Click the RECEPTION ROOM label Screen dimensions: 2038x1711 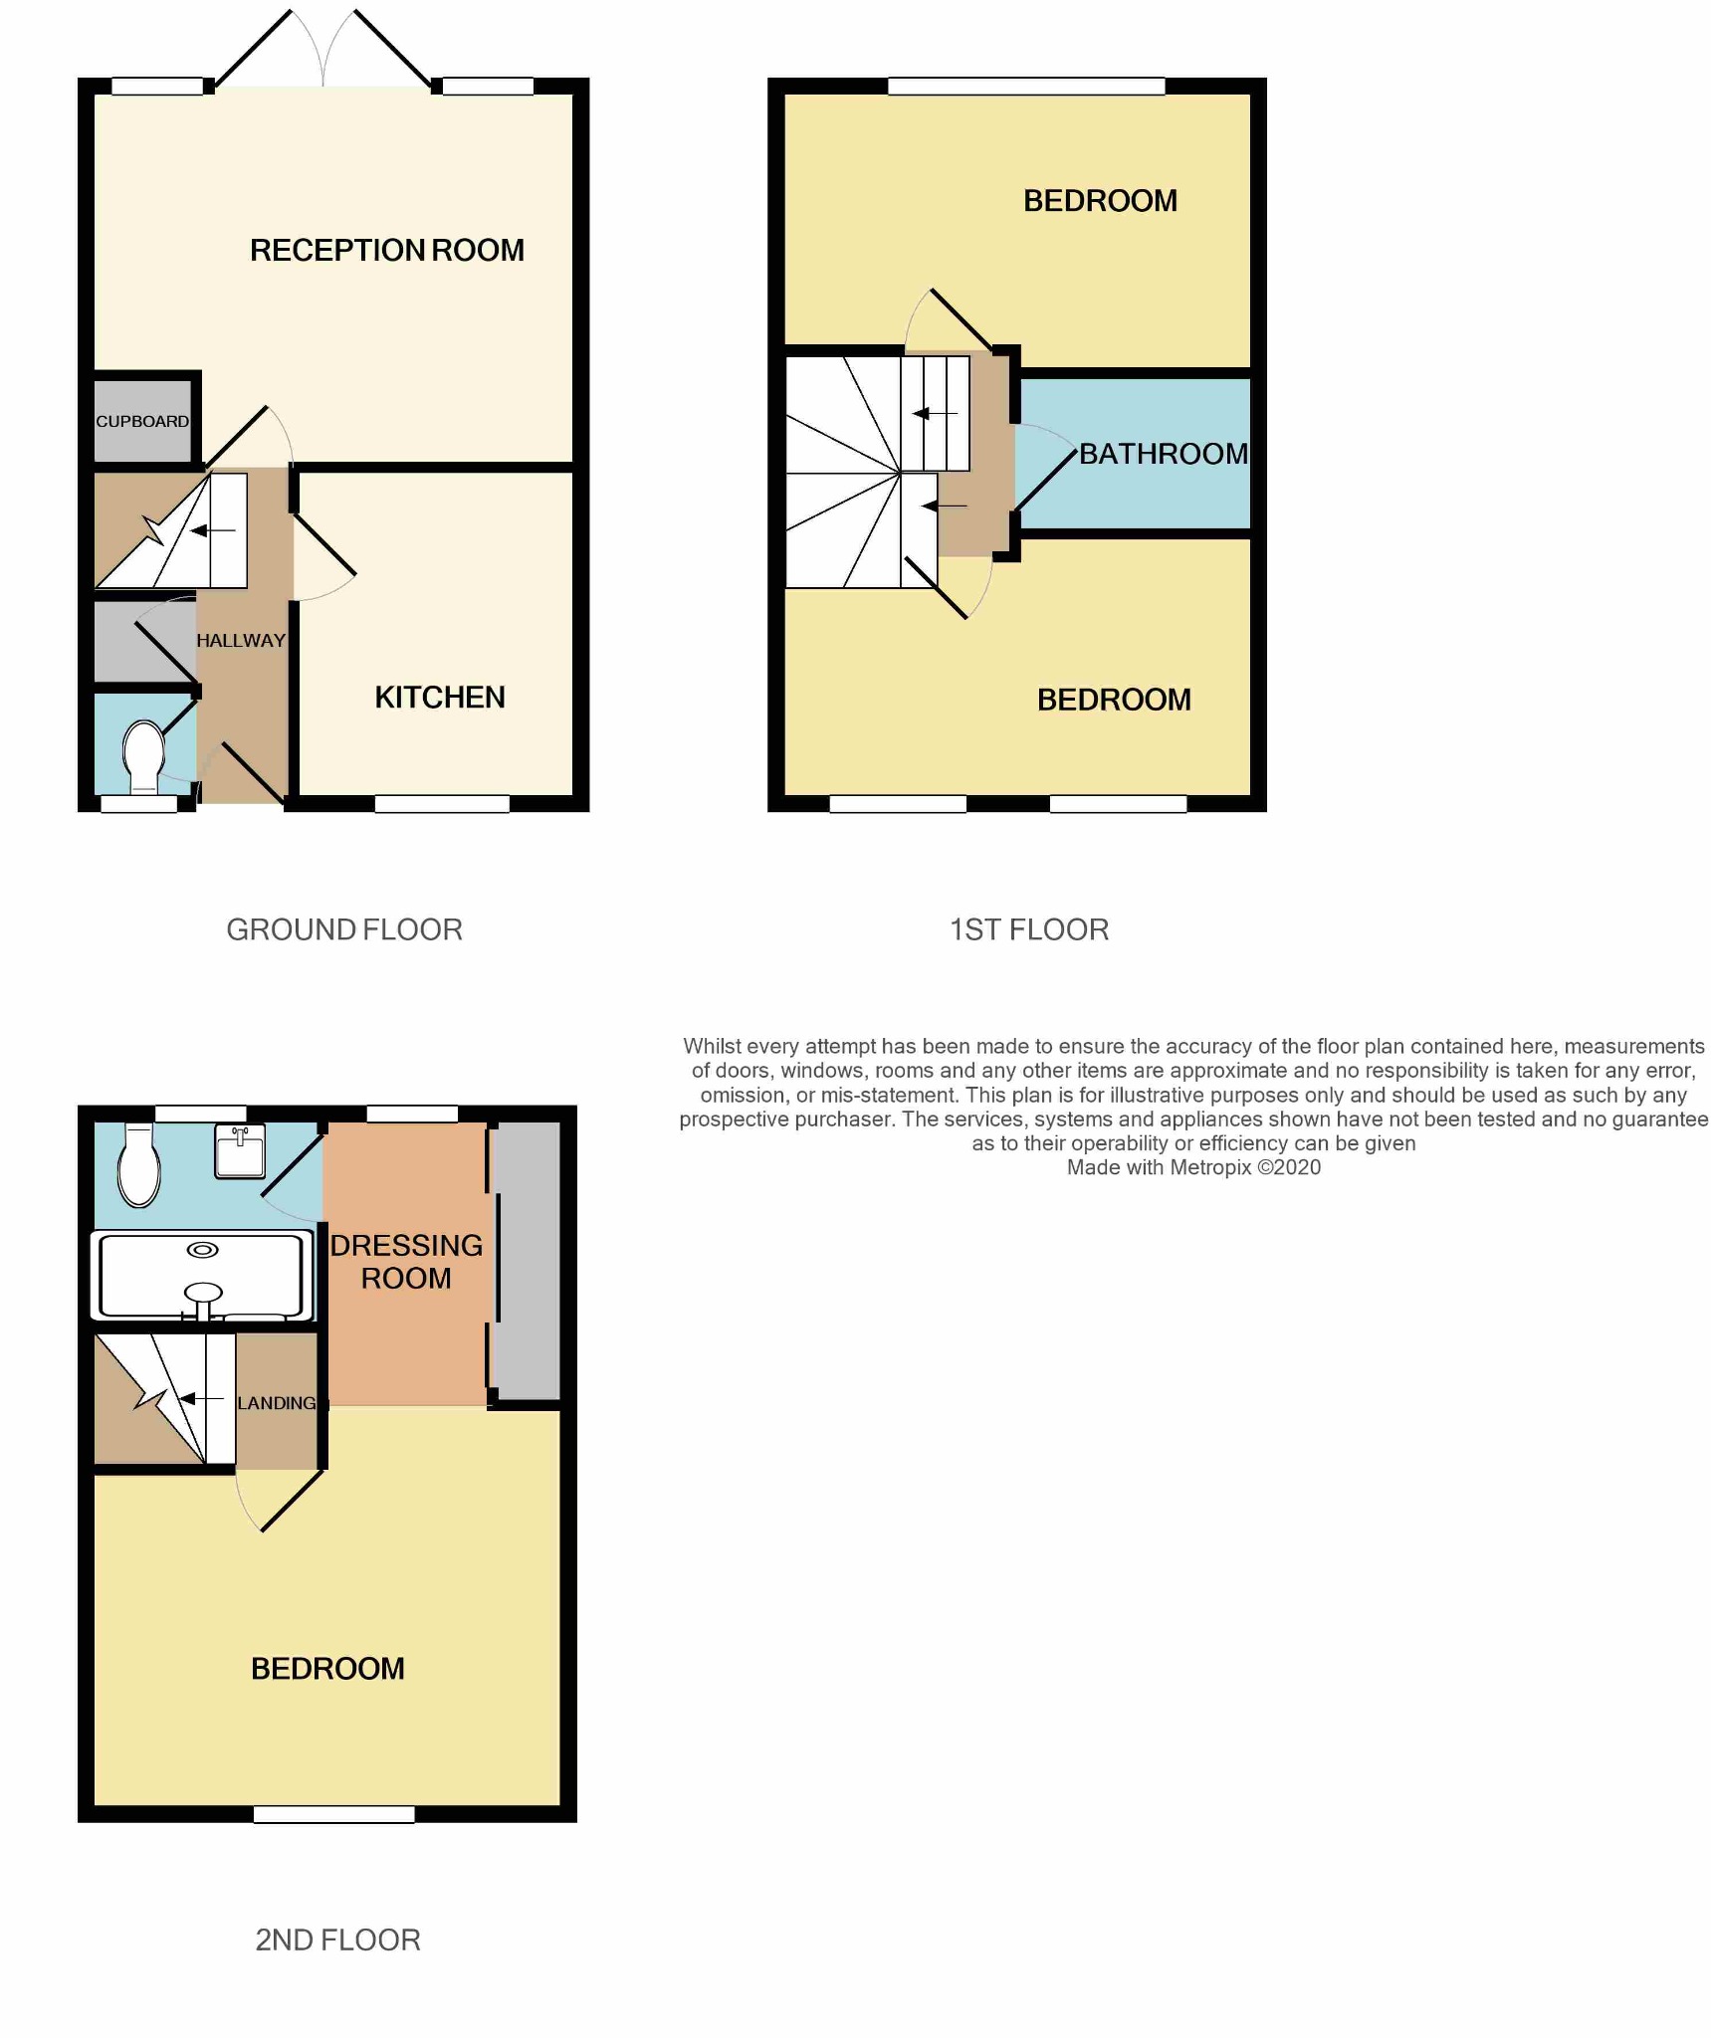386,250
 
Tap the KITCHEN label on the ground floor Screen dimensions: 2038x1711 439,698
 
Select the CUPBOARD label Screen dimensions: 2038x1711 142,421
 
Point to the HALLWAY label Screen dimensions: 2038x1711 241,641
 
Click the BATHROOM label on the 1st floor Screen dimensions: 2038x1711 1163,454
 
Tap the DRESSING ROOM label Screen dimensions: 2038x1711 406,1261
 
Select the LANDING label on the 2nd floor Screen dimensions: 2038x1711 277,1403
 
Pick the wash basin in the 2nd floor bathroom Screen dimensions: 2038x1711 240,1152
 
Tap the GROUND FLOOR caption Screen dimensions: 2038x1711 344,929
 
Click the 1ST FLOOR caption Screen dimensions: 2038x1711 1028,929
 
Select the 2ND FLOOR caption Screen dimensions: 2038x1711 337,1939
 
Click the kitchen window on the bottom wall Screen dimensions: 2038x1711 442,804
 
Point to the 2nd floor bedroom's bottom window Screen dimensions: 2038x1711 333,1815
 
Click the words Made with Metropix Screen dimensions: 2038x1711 1158,1167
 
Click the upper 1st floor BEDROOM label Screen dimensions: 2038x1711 1100,201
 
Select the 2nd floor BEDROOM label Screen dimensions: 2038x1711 327,1669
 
